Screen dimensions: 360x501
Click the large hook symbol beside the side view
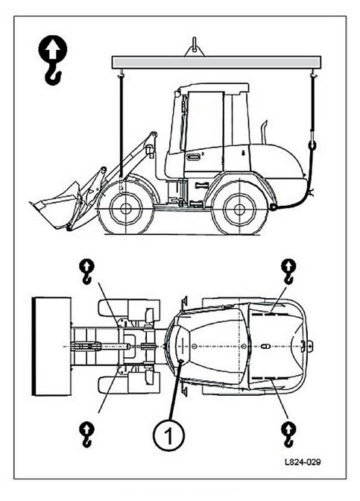(x=52, y=60)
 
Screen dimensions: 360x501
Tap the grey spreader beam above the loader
(x=216, y=62)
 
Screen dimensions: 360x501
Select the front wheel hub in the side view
(x=125, y=209)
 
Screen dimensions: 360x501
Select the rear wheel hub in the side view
(x=239, y=209)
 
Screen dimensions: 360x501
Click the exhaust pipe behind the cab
(x=264, y=132)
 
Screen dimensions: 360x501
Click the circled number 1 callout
(x=168, y=435)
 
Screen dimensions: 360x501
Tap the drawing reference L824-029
(x=303, y=462)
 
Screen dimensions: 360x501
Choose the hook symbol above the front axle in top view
(x=87, y=271)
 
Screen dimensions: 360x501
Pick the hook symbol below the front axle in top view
(x=86, y=435)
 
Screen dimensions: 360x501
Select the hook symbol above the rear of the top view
(x=288, y=271)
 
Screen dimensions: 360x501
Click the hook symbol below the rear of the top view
(x=288, y=435)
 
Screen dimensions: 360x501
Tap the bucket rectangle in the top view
(x=51, y=347)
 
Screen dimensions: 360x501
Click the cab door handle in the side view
(x=194, y=157)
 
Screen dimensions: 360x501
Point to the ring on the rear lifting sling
(x=312, y=145)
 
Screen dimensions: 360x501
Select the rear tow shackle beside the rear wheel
(x=274, y=207)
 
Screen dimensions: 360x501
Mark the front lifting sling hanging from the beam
(x=121, y=126)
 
